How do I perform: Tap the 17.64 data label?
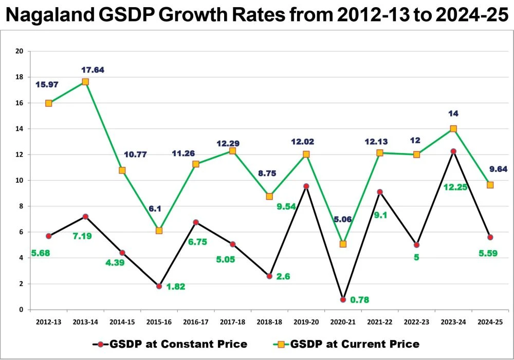93,70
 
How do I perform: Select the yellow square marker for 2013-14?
85,82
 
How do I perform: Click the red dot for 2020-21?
343,299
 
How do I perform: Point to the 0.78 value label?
360,299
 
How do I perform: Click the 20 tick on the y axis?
20,51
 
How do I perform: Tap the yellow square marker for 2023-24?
453,129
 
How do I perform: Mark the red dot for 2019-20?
306,186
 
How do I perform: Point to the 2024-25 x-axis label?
490,321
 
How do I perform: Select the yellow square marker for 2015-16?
159,231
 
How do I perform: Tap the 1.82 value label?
175,287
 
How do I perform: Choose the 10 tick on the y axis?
20,180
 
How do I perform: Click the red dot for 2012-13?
49,236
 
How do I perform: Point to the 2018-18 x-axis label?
269,321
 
